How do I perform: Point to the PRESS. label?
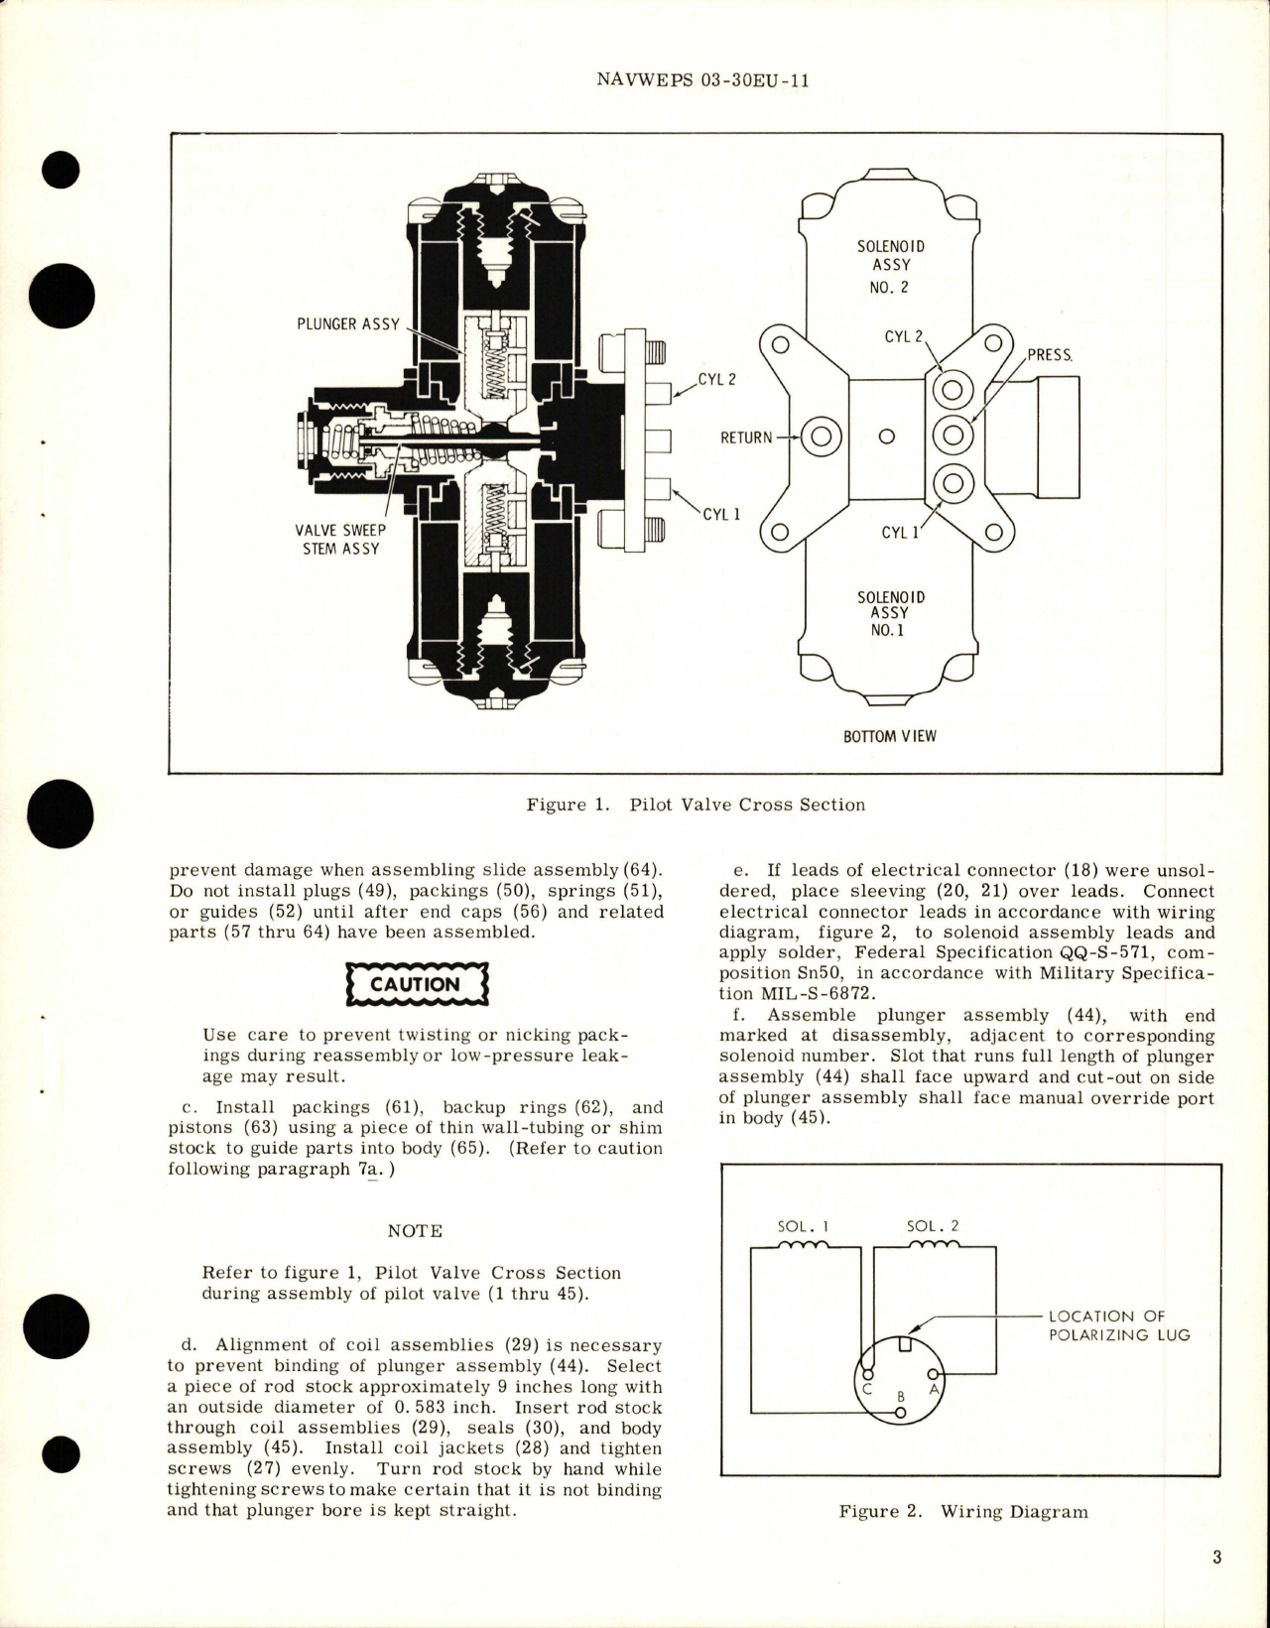1050,354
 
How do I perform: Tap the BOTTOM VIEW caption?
889,736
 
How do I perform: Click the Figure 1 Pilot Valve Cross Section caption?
696,805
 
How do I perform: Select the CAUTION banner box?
415,984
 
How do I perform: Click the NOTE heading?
415,1230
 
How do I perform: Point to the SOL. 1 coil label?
804,1225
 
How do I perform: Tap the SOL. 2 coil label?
933,1225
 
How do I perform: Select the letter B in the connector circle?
901,1396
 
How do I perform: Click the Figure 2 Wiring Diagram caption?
962,1512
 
